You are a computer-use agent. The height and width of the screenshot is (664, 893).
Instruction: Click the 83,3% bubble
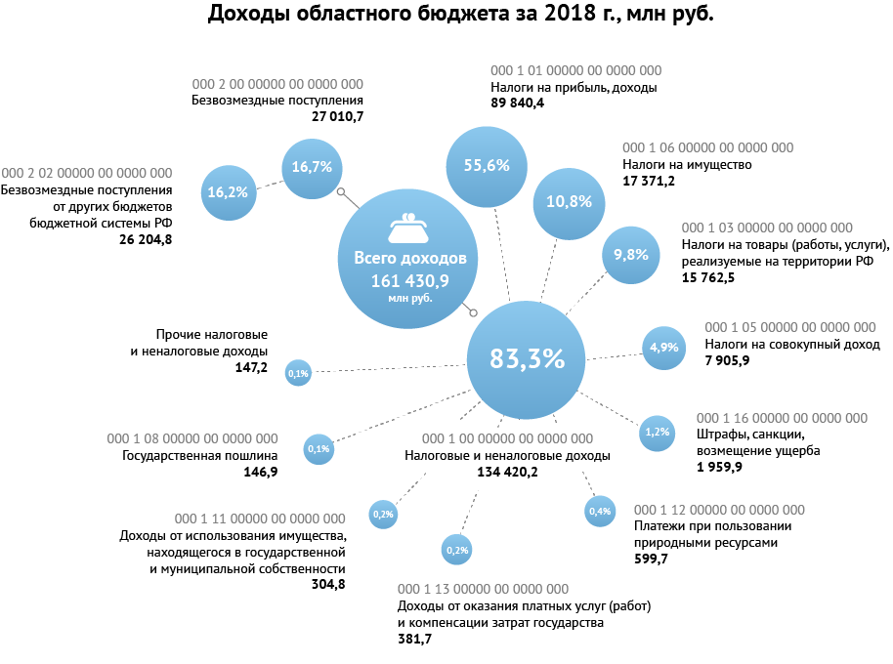(x=528, y=358)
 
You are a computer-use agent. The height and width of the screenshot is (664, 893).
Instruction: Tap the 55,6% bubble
(x=487, y=165)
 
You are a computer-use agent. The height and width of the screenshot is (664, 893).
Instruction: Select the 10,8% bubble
(x=569, y=201)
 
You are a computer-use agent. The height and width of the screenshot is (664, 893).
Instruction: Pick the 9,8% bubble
(x=631, y=254)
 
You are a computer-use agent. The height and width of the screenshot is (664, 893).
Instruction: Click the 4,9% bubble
(x=664, y=347)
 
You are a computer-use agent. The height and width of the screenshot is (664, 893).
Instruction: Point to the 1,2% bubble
(x=658, y=432)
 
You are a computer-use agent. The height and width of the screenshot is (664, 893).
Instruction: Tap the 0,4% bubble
(x=599, y=511)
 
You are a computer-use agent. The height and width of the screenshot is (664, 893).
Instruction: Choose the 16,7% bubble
(x=313, y=167)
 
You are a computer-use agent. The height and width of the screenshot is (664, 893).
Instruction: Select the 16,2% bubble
(x=228, y=192)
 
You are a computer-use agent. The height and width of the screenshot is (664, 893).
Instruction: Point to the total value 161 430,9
(x=409, y=280)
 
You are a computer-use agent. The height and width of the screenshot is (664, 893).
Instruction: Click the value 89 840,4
(x=517, y=103)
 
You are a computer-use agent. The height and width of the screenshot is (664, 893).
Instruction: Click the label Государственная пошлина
(x=199, y=456)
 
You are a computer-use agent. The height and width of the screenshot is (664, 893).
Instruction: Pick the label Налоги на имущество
(x=686, y=165)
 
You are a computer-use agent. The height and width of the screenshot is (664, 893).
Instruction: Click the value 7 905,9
(x=727, y=361)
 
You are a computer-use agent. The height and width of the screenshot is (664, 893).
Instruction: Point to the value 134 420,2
(x=507, y=472)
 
